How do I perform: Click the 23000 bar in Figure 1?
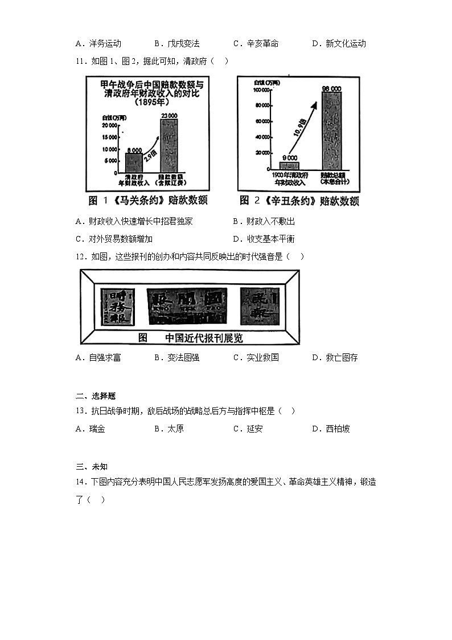click(x=169, y=145)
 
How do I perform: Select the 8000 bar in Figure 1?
click(x=134, y=162)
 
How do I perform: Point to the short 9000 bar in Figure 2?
click(x=290, y=166)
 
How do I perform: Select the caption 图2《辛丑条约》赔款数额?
click(x=299, y=201)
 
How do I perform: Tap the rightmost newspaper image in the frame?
click(x=259, y=308)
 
